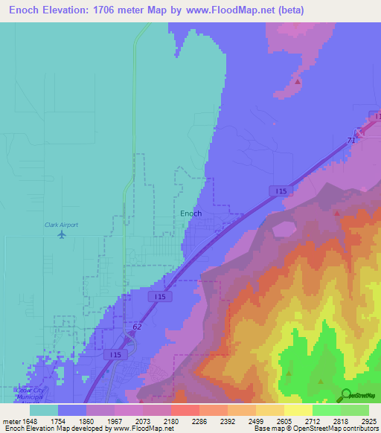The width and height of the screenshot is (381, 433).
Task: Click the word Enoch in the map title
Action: [25, 11]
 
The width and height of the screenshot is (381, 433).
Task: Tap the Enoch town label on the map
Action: [191, 214]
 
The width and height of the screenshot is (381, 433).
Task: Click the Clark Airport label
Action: [61, 225]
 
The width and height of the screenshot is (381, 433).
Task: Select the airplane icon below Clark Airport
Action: [61, 235]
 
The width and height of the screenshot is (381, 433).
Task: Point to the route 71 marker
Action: [350, 139]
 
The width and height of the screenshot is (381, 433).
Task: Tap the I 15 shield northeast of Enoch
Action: [280, 191]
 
